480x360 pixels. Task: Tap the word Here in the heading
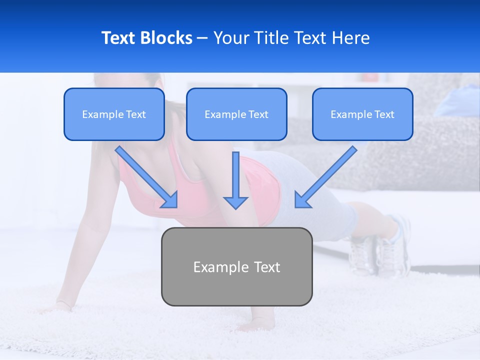pyautogui.click(x=351, y=38)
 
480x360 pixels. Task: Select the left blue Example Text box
pyautogui.click(x=114, y=114)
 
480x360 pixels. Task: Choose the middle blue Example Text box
pyautogui.click(x=236, y=114)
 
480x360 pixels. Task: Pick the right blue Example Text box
pyautogui.click(x=362, y=114)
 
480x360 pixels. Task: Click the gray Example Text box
pyautogui.click(x=236, y=266)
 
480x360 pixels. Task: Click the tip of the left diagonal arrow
pyautogui.click(x=176, y=206)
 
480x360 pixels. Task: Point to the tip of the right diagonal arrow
pyautogui.click(x=296, y=206)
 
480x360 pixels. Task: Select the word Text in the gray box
pyautogui.click(x=267, y=267)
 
